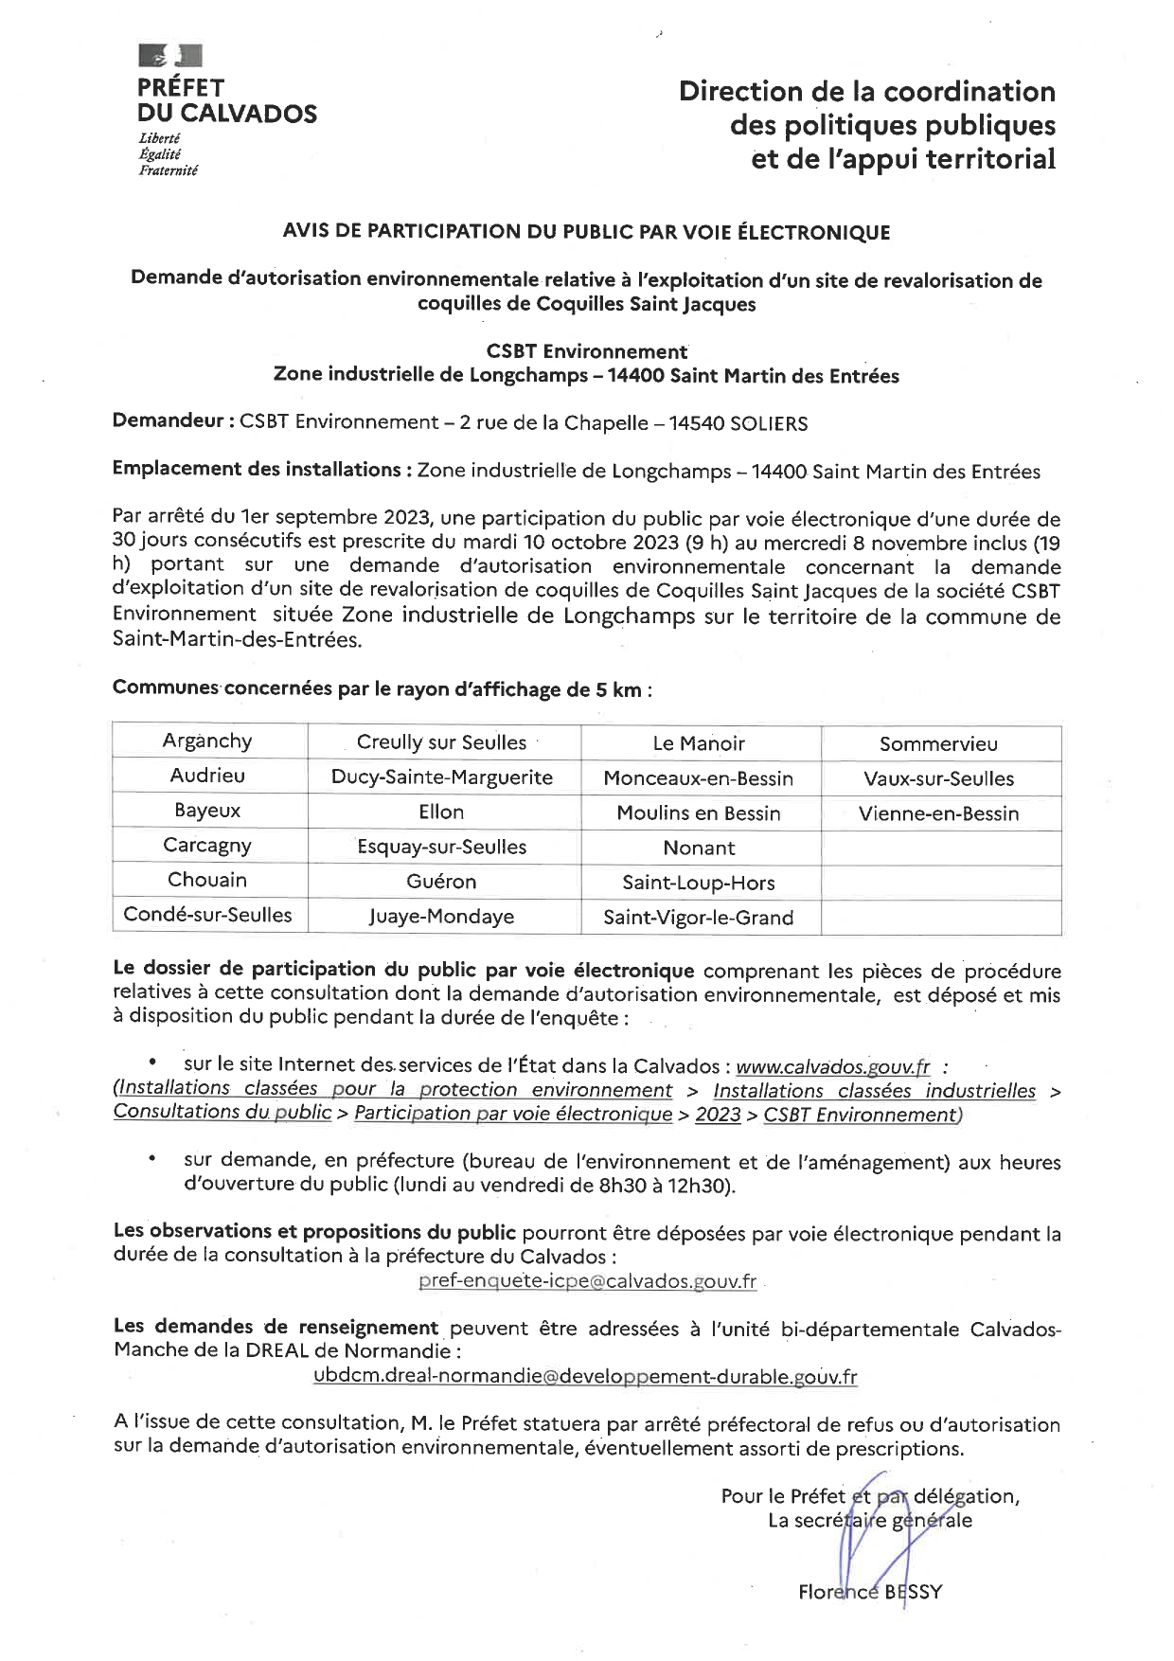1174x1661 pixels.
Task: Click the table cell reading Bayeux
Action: coord(207,812)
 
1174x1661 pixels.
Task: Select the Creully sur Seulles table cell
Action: coord(442,742)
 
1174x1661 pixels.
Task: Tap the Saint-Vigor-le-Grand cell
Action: coord(699,917)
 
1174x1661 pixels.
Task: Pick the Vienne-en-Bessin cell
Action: coord(939,813)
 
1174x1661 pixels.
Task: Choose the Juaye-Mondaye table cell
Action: coord(442,917)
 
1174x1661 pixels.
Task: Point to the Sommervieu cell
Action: coord(939,743)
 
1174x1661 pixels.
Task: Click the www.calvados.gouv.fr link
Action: coord(833,1067)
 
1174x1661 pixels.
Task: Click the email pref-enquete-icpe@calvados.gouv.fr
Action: coord(587,1281)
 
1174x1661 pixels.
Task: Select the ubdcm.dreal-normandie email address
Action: coord(585,1377)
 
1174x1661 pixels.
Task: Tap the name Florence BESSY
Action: coord(870,1592)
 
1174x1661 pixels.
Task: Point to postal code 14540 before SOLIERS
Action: coord(698,423)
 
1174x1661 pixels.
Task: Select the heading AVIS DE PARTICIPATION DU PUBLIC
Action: coord(586,232)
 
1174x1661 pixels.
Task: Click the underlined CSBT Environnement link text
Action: coord(862,1115)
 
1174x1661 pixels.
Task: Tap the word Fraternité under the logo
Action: coord(169,170)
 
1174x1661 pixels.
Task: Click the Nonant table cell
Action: coord(699,848)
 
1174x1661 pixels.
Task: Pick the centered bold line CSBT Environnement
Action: coord(586,351)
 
